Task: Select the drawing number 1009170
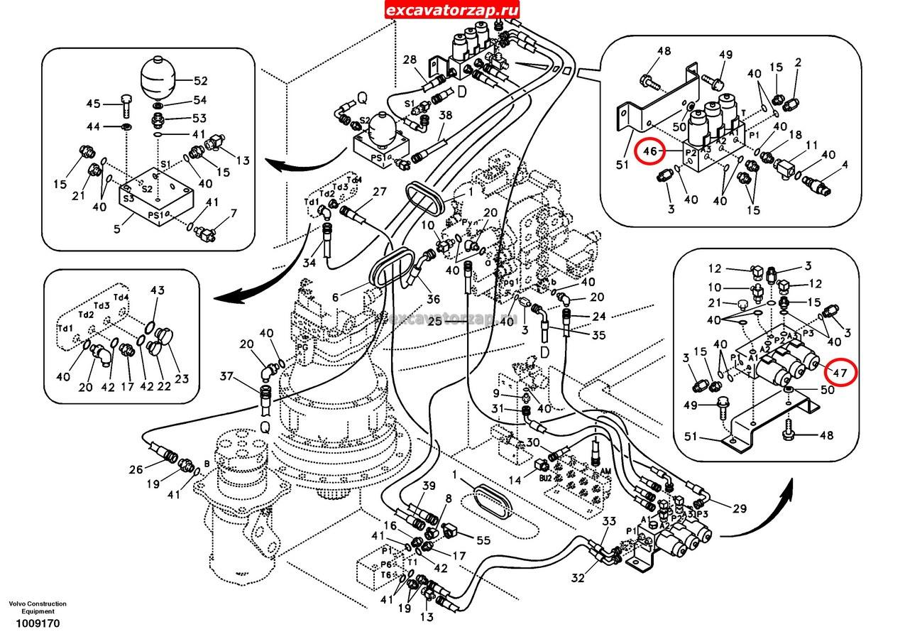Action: [33, 624]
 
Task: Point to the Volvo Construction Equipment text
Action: [38, 608]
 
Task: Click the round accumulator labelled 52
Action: [158, 79]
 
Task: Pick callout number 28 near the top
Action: [410, 60]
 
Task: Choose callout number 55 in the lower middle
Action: [483, 540]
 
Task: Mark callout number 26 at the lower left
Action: [136, 469]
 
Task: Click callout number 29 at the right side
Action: [740, 509]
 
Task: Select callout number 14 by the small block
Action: [515, 480]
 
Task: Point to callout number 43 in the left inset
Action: [157, 290]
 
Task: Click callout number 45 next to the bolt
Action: [94, 104]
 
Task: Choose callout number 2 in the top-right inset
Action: [798, 62]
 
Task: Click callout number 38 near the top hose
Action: [445, 116]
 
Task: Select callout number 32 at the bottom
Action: [578, 578]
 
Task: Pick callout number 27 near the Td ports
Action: [380, 191]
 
